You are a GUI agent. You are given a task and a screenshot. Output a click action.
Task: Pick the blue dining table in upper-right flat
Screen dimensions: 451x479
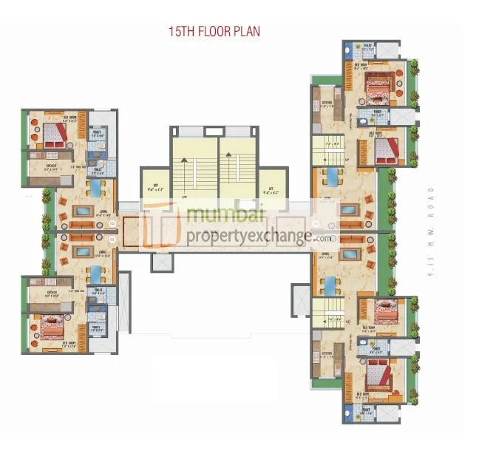click(333, 178)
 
